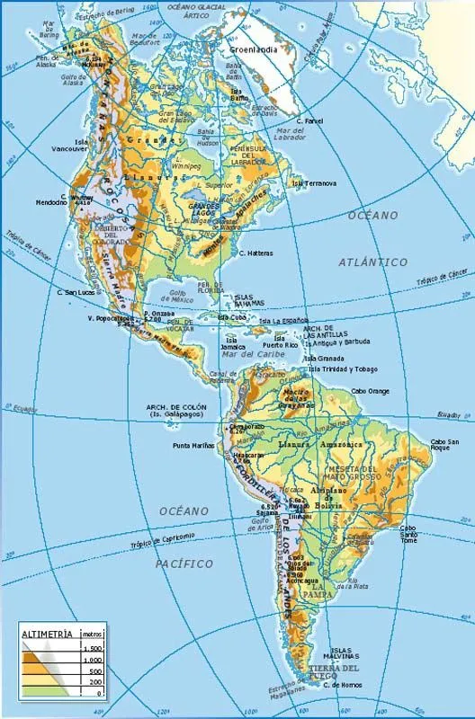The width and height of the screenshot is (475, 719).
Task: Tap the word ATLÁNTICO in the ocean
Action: coord(372,262)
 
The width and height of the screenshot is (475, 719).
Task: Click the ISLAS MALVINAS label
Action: coord(341,653)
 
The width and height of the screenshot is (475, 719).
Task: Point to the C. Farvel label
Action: coord(310,120)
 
